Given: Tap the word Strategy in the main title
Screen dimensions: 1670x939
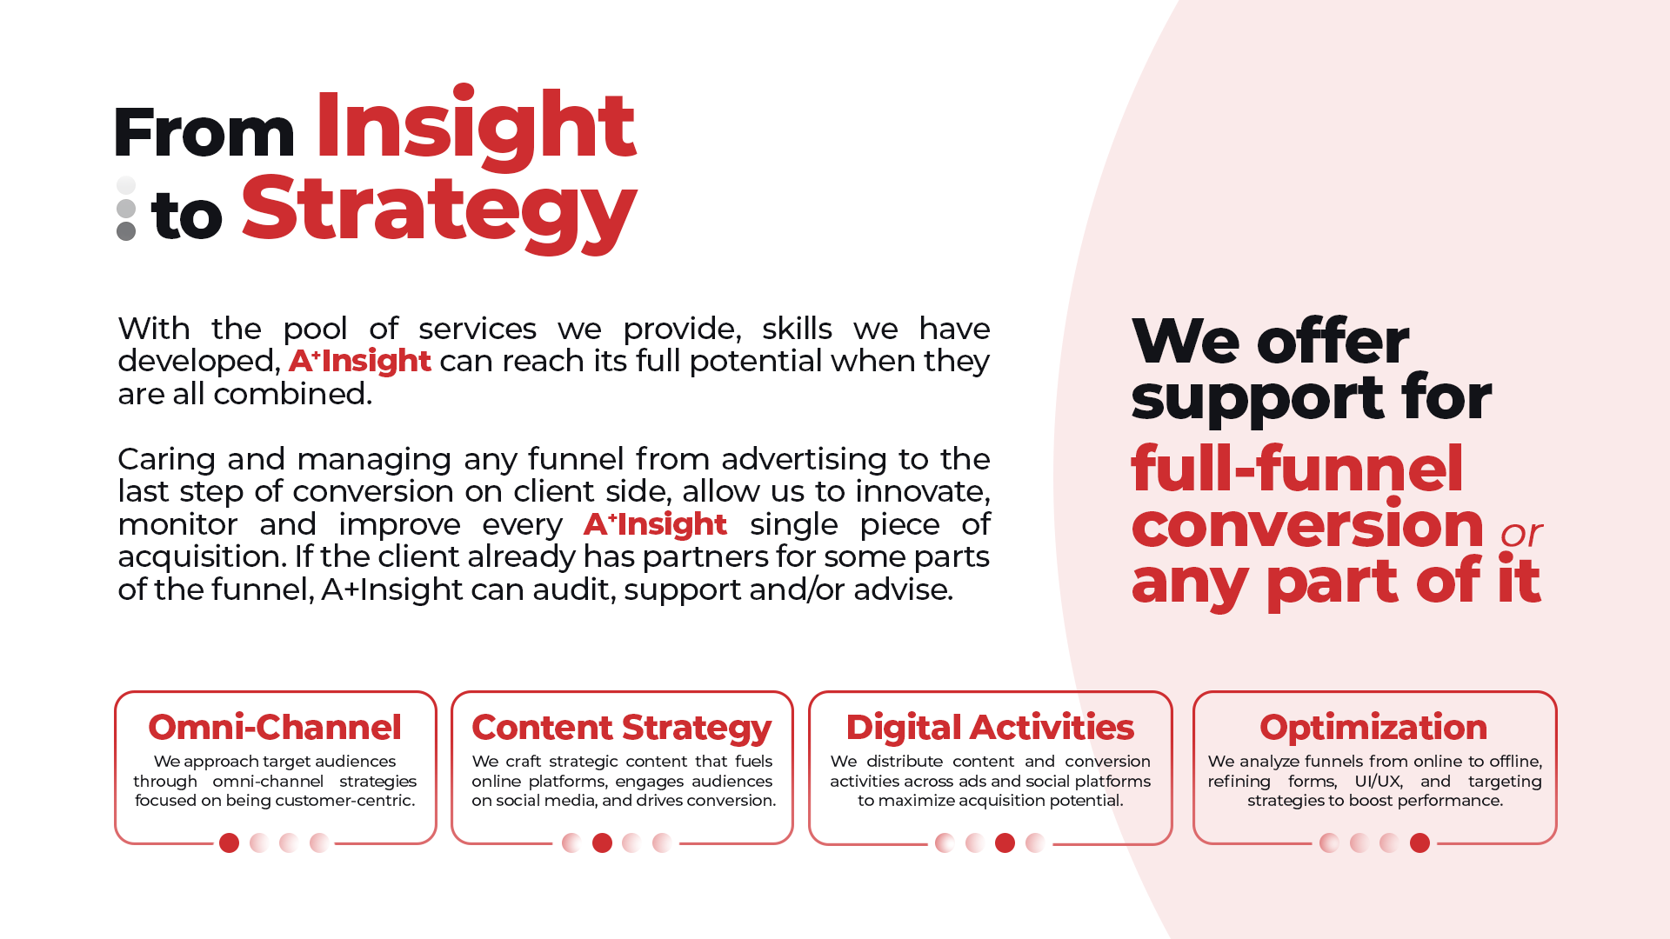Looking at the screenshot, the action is pos(439,212).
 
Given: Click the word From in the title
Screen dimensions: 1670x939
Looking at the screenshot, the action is pos(204,132).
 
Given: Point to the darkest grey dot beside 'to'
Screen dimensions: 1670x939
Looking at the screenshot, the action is pos(126,231).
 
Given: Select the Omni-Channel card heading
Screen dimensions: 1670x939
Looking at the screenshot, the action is pos(275,727).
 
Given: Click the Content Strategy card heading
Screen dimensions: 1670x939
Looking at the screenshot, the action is pos(622,729).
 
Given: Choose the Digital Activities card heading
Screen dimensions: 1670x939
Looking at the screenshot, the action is pos(990,728).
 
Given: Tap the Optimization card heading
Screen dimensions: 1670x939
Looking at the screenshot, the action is pos(1373,728).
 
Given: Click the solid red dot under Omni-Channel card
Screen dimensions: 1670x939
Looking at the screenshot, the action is pos(229,842).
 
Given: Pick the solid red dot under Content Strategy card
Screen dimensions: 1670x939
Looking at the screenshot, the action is pos(602,842).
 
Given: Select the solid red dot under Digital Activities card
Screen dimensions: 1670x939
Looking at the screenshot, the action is pos(1005,842).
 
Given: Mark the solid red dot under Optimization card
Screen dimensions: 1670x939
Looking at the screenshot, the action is pos(1419,842).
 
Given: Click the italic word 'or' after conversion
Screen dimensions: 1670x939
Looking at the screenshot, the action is pos(1521,534).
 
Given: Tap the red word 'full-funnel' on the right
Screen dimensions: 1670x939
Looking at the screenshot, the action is pos(1297,468).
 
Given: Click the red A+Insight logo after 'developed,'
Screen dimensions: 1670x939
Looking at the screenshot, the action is pos(359,361).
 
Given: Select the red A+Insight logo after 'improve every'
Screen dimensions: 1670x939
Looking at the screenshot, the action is pos(655,524).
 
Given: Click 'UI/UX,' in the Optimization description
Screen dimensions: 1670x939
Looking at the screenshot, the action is pos(1379,781).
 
